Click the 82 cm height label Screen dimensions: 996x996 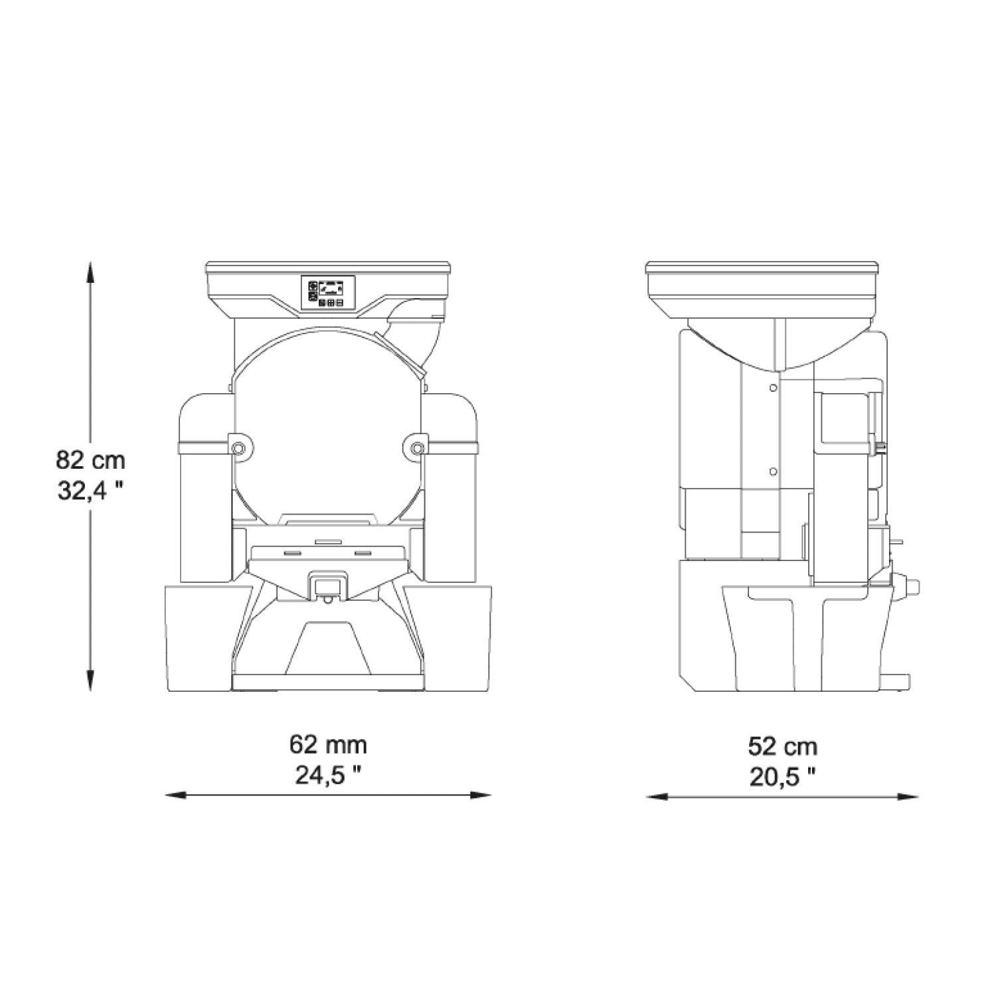pos(90,459)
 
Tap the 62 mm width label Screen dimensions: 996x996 pos(328,744)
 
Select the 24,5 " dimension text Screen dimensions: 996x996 pos(328,776)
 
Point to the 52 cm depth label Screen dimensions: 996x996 pos(783,746)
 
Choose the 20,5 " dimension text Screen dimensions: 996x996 pos(783,776)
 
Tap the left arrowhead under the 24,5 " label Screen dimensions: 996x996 pos(174,795)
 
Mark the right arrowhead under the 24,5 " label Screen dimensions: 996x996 pos(481,795)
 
